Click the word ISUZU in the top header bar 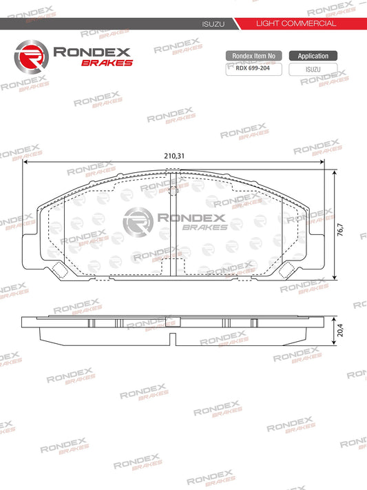tap(211, 23)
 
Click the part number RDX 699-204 tap(253, 69)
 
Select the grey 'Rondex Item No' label tap(253, 56)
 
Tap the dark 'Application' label tap(313, 56)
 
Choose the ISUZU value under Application tap(313, 69)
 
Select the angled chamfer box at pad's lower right tap(284, 269)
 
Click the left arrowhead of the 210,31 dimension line tap(25, 164)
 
